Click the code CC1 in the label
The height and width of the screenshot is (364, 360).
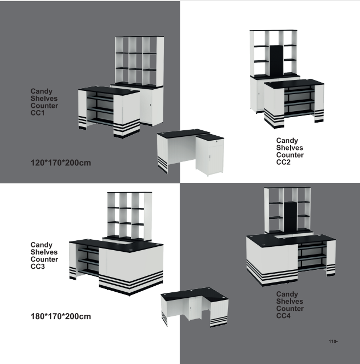coord(37,113)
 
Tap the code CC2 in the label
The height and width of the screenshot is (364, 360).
coord(283,162)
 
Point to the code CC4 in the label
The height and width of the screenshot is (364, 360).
coord(283,316)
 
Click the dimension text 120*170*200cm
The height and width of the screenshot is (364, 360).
coord(60,163)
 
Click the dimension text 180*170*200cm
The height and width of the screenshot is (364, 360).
coord(60,316)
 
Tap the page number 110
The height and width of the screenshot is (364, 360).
coord(333,342)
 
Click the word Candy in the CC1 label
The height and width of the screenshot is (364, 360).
coord(42,91)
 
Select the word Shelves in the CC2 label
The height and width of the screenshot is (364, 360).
coord(289,148)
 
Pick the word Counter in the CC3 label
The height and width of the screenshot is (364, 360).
coord(44,259)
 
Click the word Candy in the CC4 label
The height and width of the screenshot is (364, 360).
coord(287,294)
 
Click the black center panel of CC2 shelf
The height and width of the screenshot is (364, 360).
coord(276,60)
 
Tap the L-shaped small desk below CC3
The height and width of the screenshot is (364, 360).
coord(195,307)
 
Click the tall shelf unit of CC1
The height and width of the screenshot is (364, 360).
coord(139,60)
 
